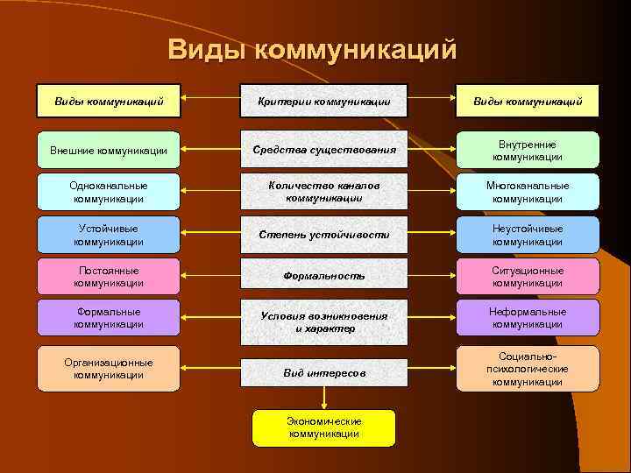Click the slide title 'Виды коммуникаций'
pos(313,49)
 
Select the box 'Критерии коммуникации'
pos(324,102)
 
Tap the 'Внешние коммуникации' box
pos(109,150)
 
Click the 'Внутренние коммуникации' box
pos(527,150)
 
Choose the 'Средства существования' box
pos(324,150)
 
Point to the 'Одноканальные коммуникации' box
pos(109,192)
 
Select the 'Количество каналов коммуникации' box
pos(324,192)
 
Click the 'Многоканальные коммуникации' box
pos(527,192)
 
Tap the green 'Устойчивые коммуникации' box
pos(109,235)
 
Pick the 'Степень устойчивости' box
pos(324,235)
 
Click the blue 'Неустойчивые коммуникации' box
pos(527,235)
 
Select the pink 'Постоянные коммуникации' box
pos(109,277)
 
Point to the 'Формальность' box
pos(324,277)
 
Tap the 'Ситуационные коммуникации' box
pos(527,277)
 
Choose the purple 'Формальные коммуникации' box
pos(109,318)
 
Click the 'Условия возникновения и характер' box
pos(324,321)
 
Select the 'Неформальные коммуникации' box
pos(527,318)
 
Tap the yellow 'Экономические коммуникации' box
pos(324,427)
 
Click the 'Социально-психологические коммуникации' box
pos(527,369)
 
